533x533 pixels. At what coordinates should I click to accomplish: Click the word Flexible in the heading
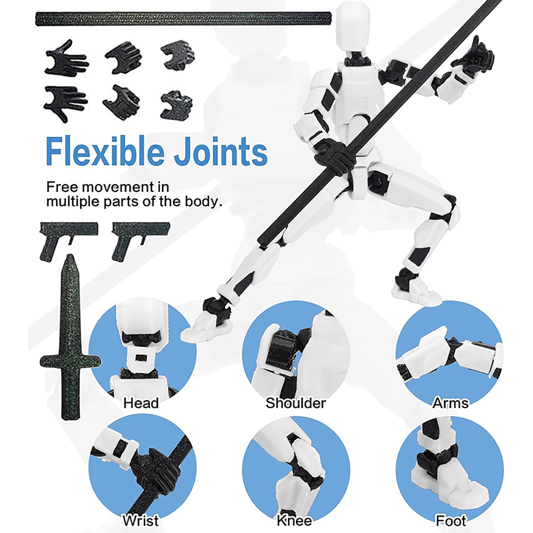click(105, 152)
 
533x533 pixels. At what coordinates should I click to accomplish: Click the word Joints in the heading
click(221, 152)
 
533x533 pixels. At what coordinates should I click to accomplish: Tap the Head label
click(141, 403)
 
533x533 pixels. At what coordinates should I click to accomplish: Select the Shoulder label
click(296, 403)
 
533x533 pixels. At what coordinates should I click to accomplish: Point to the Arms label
click(451, 403)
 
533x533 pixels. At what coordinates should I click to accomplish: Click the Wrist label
click(141, 520)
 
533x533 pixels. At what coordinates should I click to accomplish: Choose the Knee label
click(294, 520)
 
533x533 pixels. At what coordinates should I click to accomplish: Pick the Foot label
click(451, 520)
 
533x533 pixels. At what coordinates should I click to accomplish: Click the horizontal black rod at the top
click(184, 19)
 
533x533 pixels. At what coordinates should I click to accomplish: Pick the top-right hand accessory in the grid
click(178, 55)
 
